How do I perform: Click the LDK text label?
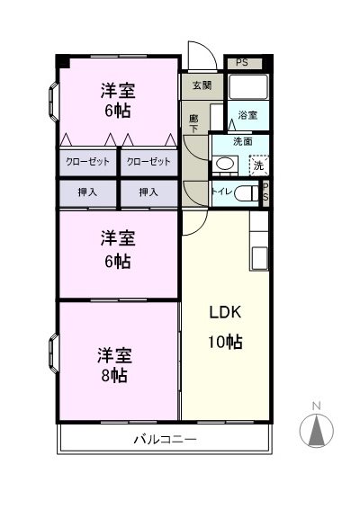click(225, 313)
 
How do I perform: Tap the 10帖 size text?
click(226, 342)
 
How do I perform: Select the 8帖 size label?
click(113, 376)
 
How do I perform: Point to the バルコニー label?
click(165, 440)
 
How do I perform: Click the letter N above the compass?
click(316, 406)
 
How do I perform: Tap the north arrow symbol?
click(316, 430)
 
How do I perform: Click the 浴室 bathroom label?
click(247, 116)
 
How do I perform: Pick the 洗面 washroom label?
click(242, 141)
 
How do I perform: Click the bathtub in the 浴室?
click(248, 87)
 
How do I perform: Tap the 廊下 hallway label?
click(193, 122)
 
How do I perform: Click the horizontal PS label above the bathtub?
click(240, 63)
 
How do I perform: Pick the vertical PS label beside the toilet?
click(265, 192)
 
